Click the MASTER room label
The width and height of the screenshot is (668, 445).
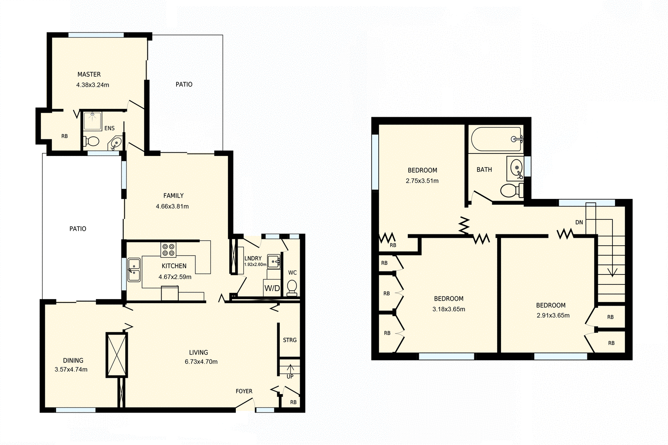(x=89, y=75)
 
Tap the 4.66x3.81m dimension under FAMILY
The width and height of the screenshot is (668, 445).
(x=172, y=206)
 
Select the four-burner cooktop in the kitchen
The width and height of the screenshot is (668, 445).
(x=169, y=250)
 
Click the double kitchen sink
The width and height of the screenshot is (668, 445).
(x=134, y=270)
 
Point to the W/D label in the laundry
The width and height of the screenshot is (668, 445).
(x=272, y=288)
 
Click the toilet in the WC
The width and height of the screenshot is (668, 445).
(x=292, y=287)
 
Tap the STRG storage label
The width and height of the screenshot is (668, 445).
(x=290, y=340)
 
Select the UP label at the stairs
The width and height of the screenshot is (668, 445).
(x=290, y=376)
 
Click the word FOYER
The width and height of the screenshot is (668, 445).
(x=244, y=391)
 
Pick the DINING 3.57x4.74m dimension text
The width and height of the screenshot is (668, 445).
(x=71, y=370)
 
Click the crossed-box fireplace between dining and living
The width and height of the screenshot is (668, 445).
(x=116, y=355)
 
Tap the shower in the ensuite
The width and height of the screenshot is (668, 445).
(x=93, y=121)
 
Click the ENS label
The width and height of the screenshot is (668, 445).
(x=109, y=128)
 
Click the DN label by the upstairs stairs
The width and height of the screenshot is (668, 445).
(x=579, y=222)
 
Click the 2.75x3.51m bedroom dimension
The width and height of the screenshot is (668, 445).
(x=422, y=181)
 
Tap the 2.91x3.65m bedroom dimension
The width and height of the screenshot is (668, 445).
(x=553, y=316)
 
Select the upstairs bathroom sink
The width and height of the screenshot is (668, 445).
(x=517, y=168)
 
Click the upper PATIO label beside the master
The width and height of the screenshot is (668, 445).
(x=184, y=85)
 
